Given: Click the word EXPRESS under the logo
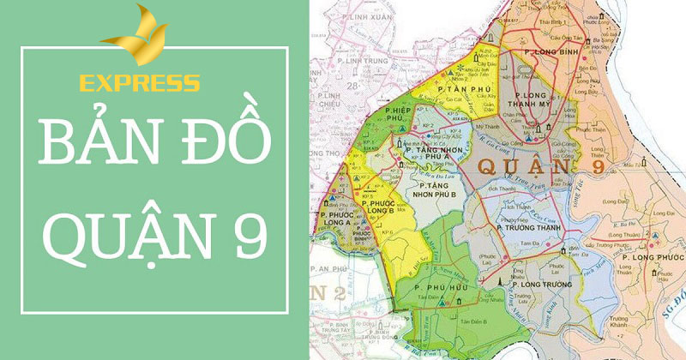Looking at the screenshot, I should point(139,84).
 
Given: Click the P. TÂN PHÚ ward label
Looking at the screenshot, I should point(454,89).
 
